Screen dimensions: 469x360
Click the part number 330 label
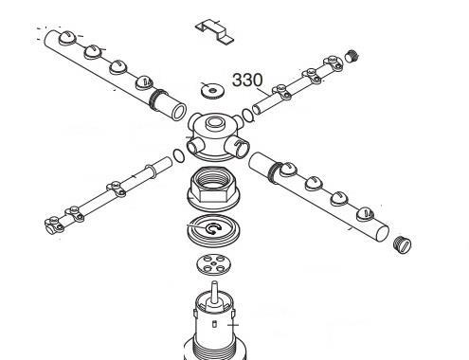[x=247, y=80]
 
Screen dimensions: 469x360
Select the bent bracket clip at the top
[x=214, y=31]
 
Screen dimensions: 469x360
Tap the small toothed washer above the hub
[x=212, y=91]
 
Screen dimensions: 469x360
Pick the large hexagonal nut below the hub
[x=213, y=189]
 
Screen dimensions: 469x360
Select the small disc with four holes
[x=213, y=264]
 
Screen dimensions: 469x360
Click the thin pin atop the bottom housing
[x=214, y=291]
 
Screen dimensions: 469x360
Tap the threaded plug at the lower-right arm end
[x=403, y=244]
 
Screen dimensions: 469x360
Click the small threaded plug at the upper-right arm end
[x=352, y=56]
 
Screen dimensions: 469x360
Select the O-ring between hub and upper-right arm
[x=248, y=115]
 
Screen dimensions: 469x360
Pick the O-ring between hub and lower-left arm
[x=179, y=155]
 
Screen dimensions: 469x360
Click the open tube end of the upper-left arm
[x=178, y=112]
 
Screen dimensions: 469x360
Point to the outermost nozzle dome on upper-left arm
[x=67, y=38]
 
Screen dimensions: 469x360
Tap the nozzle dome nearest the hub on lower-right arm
[x=287, y=169]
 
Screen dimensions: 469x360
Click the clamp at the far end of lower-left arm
[x=53, y=225]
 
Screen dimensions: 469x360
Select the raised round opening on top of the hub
[x=214, y=123]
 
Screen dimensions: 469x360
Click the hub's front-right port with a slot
[x=238, y=146]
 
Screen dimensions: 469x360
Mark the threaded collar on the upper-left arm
[x=158, y=99]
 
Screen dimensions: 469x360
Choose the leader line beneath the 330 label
[x=264, y=92]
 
